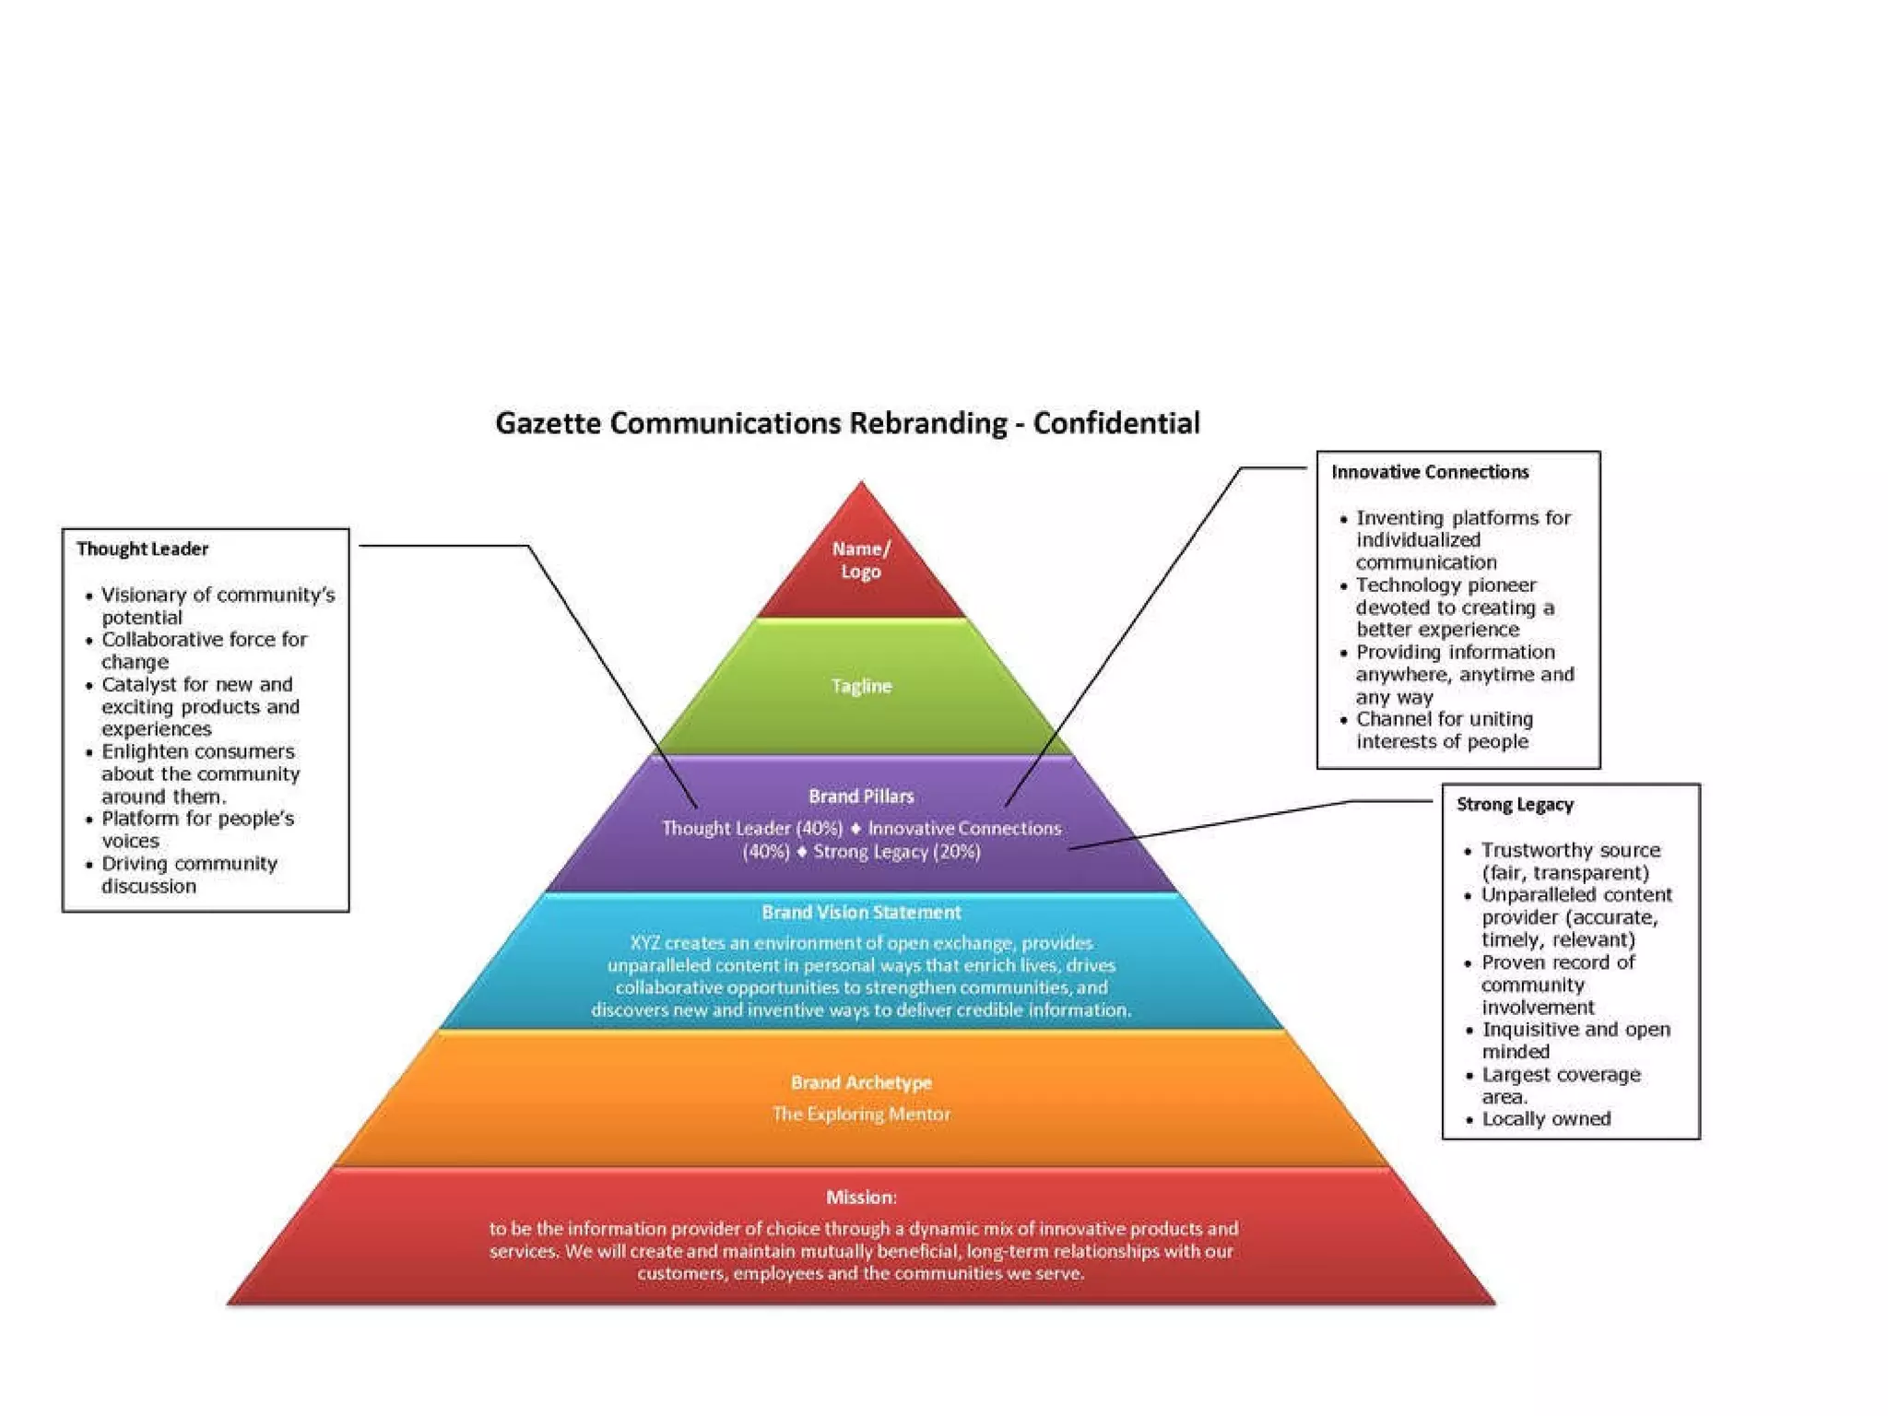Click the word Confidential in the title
[1115, 423]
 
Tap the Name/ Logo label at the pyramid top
[861, 560]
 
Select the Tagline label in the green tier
[861, 686]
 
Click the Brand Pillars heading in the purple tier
[861, 796]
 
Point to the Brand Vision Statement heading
[861, 912]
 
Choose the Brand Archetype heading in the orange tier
[861, 1082]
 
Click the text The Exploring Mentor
[861, 1114]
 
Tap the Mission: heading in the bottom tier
[861, 1197]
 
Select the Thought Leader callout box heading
[142, 549]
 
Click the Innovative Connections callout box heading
[1430, 472]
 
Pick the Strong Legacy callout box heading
[1515, 804]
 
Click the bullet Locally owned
[1546, 1118]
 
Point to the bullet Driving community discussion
[189, 874]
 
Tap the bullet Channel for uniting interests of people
[1444, 730]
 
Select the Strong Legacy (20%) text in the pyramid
[896, 851]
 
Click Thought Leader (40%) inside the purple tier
[752, 828]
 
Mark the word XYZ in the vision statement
[645, 943]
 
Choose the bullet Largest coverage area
[1560, 1085]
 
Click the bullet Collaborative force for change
[203, 650]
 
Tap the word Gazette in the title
[549, 423]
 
